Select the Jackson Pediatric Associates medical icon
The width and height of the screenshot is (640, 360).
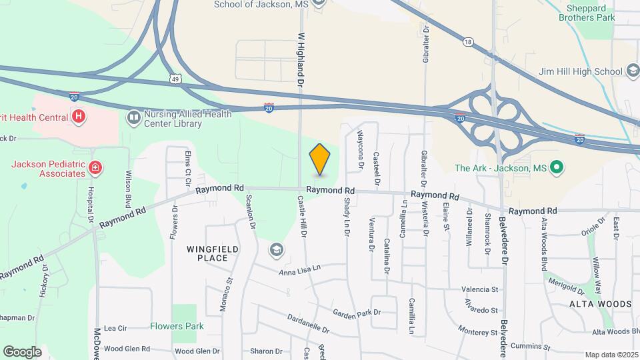click(x=96, y=167)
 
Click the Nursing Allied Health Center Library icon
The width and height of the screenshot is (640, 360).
click(x=134, y=118)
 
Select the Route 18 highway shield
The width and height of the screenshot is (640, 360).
click(x=468, y=43)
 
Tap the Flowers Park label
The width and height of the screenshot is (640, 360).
click(x=177, y=326)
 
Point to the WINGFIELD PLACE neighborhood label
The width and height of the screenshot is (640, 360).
click(x=212, y=253)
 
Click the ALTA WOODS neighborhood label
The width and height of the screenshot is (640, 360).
click(x=600, y=304)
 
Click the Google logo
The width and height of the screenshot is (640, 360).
click(x=22, y=351)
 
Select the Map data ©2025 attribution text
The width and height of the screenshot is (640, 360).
click(x=611, y=355)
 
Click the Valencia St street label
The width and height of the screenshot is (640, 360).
click(x=480, y=289)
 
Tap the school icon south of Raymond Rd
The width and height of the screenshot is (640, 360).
click(x=275, y=250)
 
